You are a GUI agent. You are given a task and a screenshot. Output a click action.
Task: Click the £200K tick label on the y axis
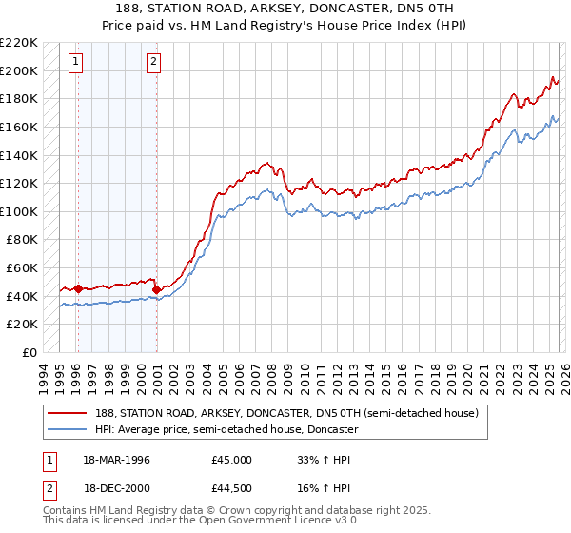pyautogui.click(x=19, y=70)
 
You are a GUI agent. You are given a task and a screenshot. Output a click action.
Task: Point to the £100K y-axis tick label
pyautogui.click(x=19, y=211)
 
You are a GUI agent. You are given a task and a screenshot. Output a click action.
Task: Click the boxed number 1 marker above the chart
pyautogui.click(x=76, y=64)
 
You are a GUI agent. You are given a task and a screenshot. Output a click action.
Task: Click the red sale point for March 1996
pyautogui.click(x=78, y=288)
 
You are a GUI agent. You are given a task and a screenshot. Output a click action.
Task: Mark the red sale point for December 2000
pyautogui.click(x=156, y=289)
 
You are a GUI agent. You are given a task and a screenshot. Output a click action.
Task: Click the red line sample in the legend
pyautogui.click(x=69, y=413)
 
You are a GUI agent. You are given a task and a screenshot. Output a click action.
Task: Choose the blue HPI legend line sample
pyautogui.click(x=69, y=429)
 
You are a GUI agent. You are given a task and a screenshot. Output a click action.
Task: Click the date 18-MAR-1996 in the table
pyautogui.click(x=117, y=459)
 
